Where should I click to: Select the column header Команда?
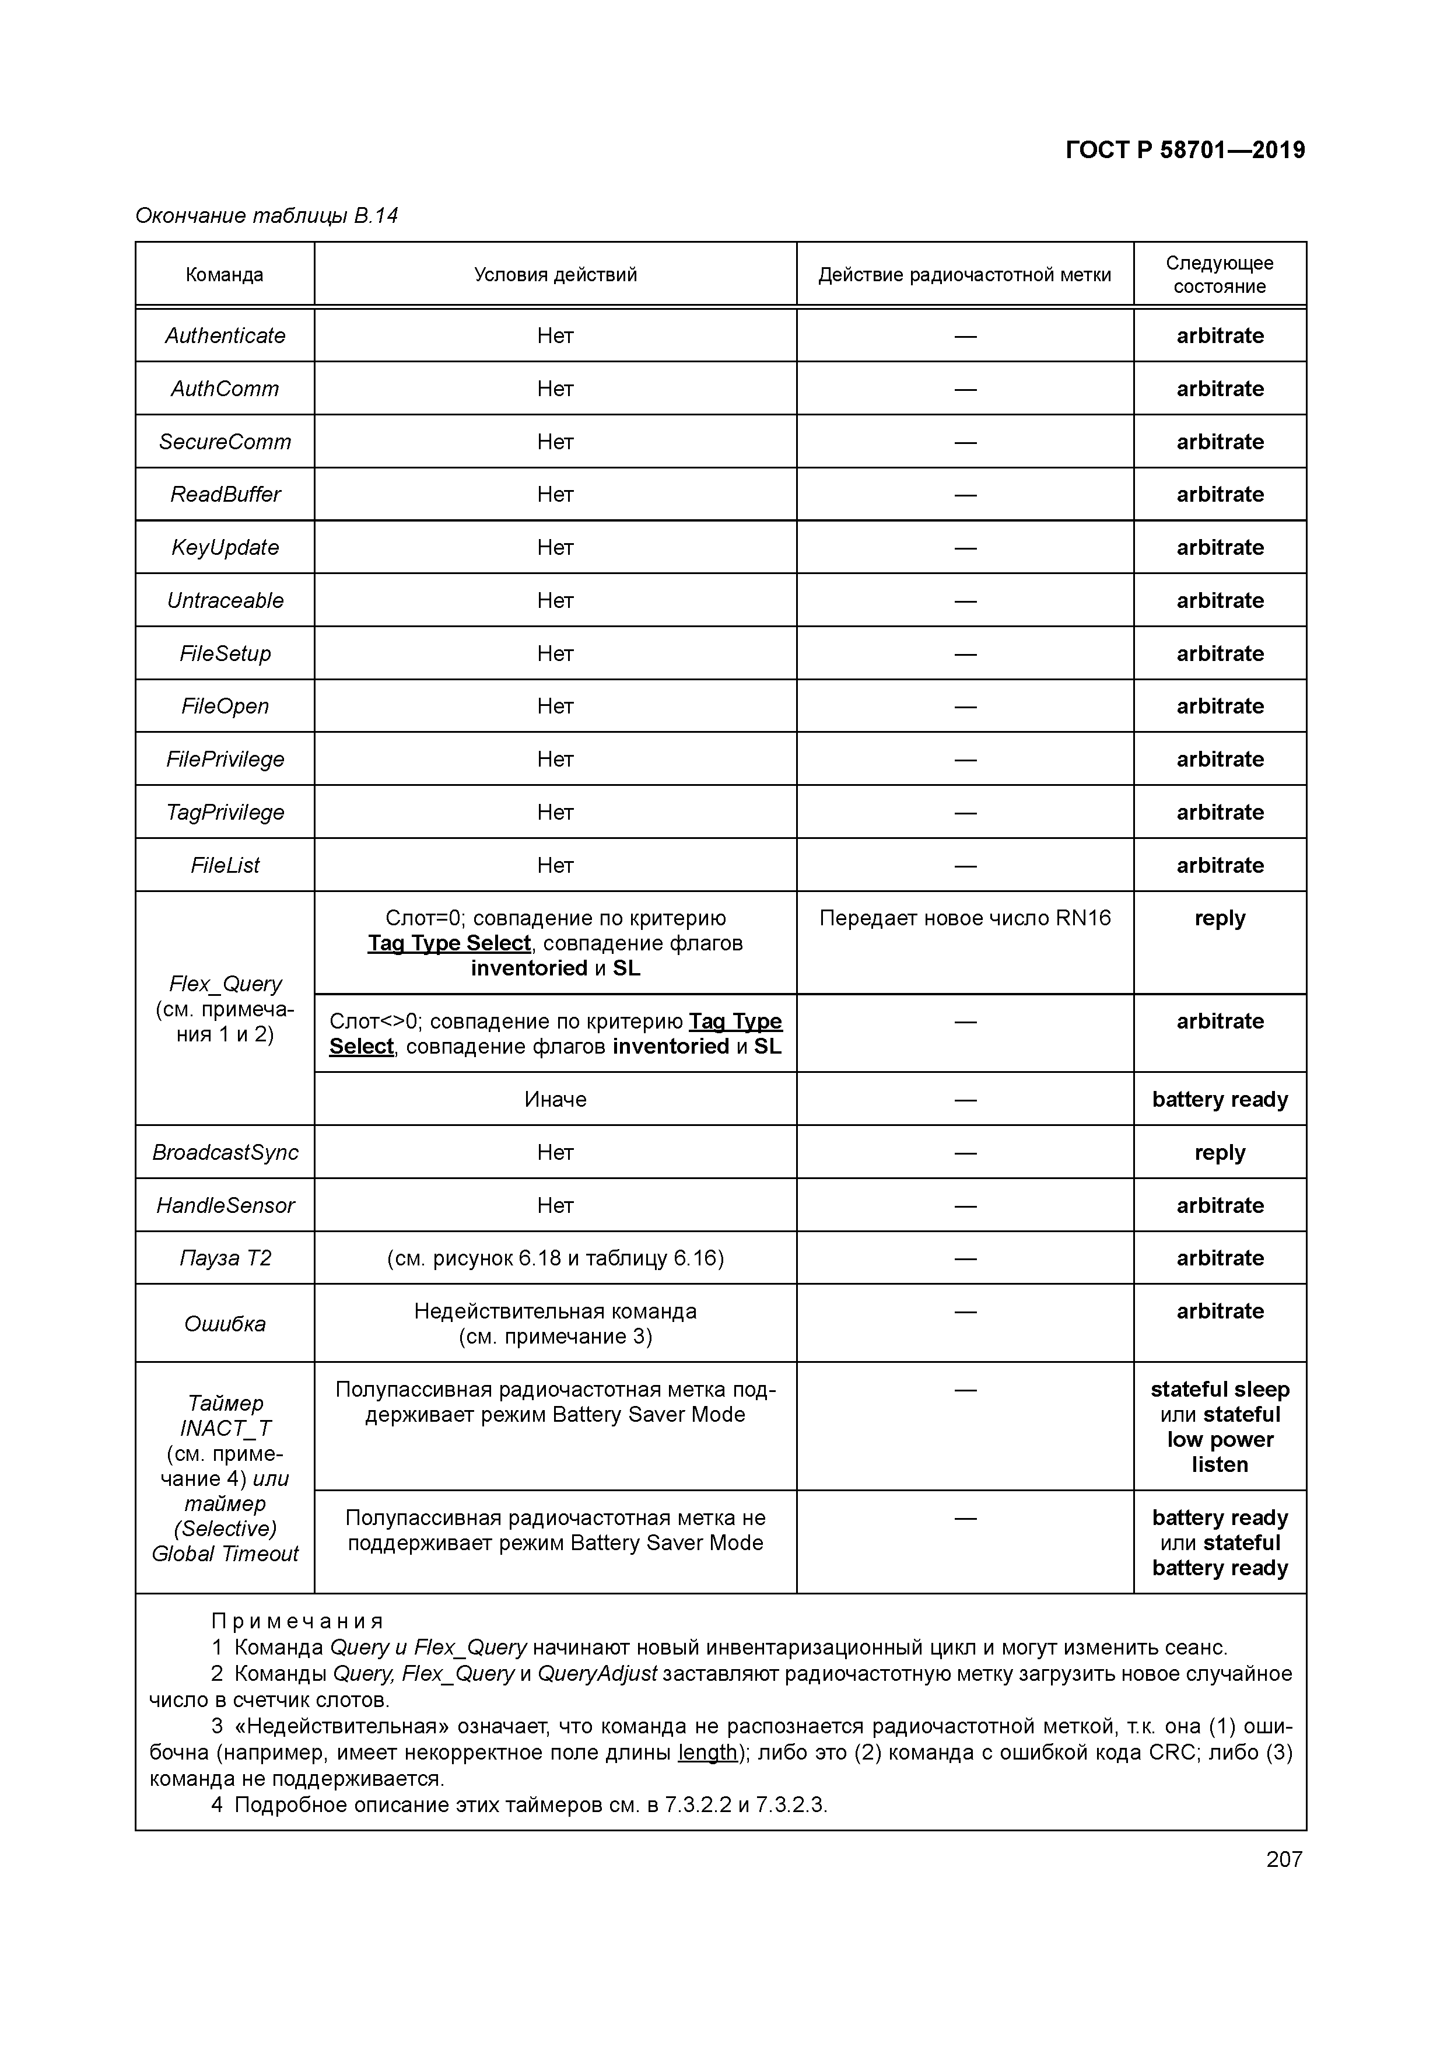[x=225, y=274]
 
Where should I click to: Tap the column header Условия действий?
[x=555, y=274]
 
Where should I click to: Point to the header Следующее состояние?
[x=1219, y=274]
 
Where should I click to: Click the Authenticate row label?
[x=225, y=336]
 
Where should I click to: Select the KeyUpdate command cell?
[x=225, y=547]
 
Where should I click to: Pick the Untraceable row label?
[x=225, y=600]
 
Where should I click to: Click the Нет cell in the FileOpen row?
[x=555, y=707]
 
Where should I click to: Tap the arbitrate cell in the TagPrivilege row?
[x=1219, y=813]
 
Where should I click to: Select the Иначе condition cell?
[x=555, y=1100]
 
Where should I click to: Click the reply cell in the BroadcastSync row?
[x=1219, y=1153]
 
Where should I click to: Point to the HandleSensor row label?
[x=225, y=1206]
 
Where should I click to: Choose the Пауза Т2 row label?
[x=225, y=1258]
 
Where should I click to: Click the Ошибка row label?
[x=225, y=1324]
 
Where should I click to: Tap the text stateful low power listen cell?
[x=1219, y=1428]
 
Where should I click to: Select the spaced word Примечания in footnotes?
[x=297, y=1621]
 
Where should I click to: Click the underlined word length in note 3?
[x=707, y=1753]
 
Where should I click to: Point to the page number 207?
[x=1284, y=1860]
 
